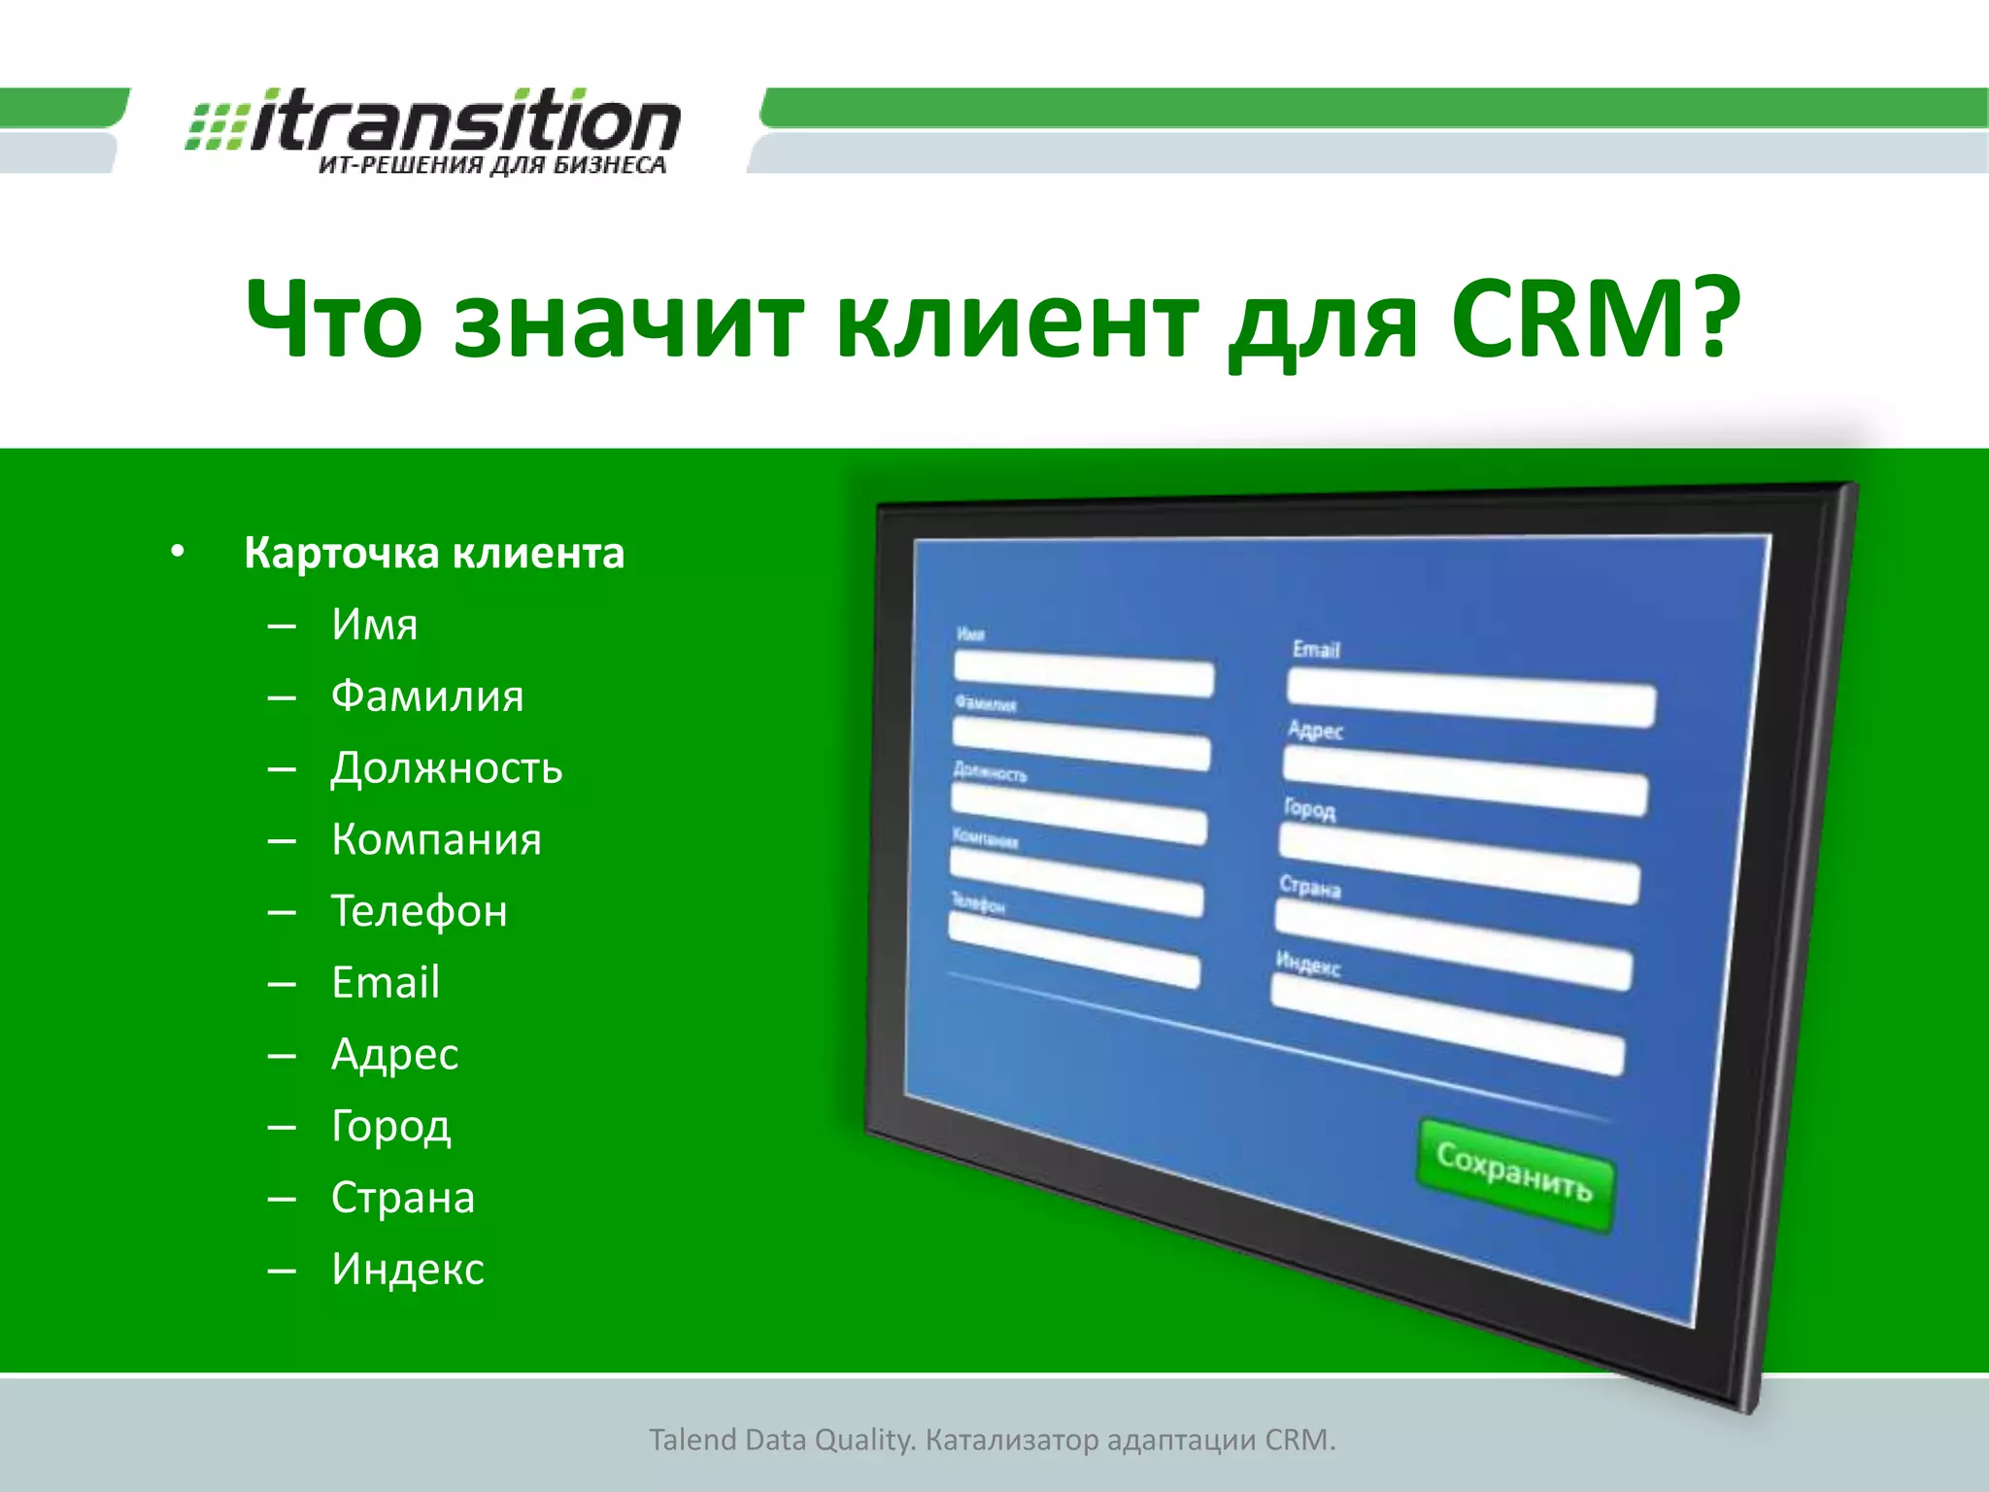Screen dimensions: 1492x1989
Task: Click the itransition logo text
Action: point(464,121)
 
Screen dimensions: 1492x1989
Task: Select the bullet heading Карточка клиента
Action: point(433,553)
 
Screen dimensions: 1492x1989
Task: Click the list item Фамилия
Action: point(427,696)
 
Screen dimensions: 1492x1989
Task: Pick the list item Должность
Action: point(446,768)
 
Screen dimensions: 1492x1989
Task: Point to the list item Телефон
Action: point(419,911)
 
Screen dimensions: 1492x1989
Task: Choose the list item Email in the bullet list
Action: point(386,983)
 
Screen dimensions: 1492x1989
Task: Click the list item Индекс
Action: point(407,1270)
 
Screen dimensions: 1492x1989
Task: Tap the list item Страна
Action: point(402,1198)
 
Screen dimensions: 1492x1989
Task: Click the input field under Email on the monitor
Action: point(1470,703)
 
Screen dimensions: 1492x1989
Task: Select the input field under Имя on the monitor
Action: point(1083,674)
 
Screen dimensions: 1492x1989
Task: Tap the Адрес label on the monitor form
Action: point(1315,729)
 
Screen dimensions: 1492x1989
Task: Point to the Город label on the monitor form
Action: point(1309,809)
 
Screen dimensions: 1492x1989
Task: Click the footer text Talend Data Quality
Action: point(782,1440)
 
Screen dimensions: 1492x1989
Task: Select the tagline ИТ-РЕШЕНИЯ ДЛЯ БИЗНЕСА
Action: point(492,166)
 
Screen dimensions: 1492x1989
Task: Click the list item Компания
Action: point(436,839)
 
